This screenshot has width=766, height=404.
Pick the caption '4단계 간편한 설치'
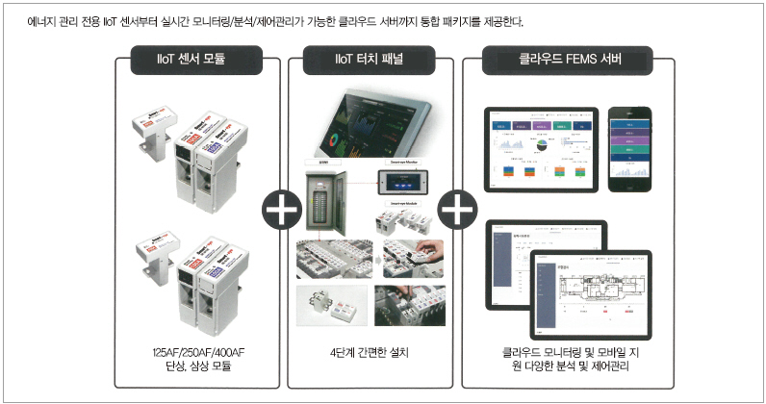click(369, 352)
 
